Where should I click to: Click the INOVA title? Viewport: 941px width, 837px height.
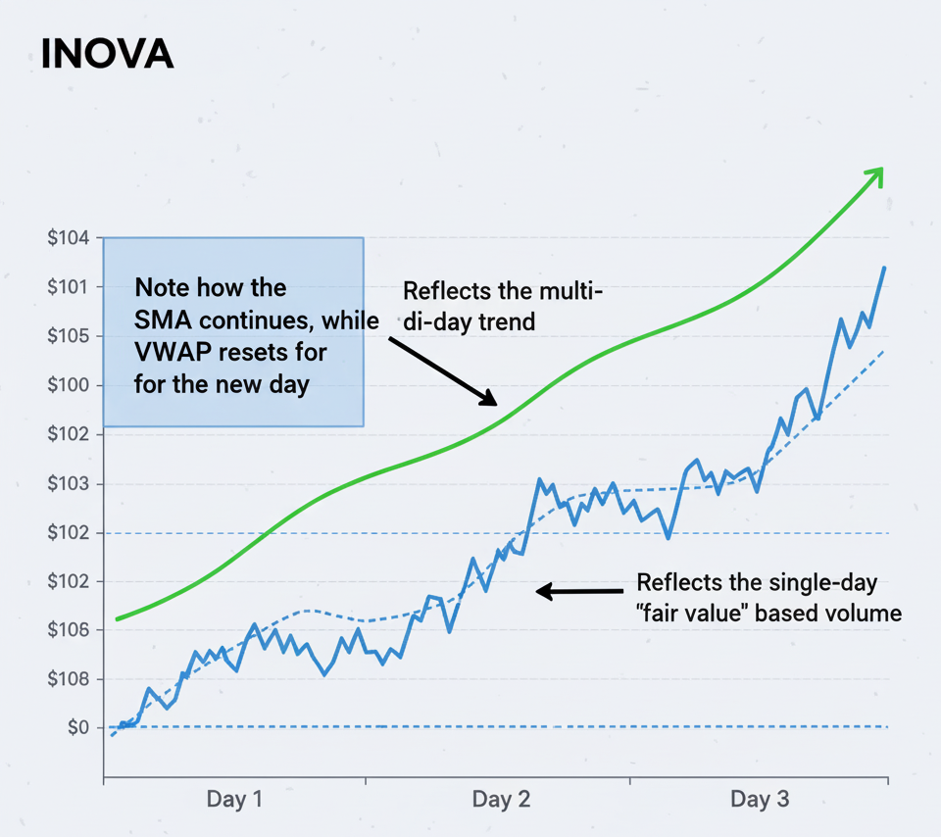107,55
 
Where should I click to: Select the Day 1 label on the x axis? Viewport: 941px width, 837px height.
234,799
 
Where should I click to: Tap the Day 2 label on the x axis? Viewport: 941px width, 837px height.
501,799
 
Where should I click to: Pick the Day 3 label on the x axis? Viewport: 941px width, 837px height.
760,799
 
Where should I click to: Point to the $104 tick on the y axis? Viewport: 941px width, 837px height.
68,238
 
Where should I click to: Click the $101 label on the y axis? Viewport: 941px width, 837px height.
68,287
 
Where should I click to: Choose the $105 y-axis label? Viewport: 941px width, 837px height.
68,336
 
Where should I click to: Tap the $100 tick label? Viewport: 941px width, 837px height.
68,385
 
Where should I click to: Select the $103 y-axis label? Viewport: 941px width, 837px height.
68,483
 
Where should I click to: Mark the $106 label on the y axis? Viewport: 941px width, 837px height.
68,629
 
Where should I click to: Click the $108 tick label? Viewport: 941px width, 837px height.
68,678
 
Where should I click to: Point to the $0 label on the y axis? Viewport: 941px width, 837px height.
77,727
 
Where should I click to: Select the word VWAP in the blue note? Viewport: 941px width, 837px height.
170,351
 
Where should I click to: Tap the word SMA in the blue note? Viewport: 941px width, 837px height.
159,320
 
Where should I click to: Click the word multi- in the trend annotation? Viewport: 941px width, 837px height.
571,291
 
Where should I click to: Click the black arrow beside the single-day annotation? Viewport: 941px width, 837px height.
578,591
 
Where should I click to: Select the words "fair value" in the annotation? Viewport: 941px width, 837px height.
695,615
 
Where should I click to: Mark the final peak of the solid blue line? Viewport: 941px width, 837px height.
884,268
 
